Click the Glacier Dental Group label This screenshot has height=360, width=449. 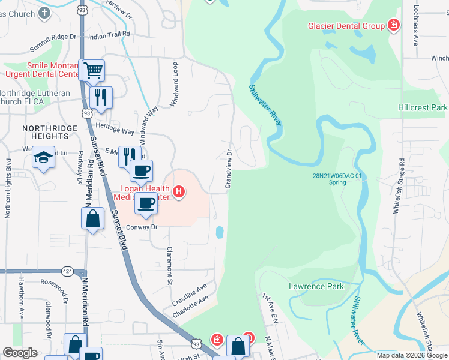click(346, 26)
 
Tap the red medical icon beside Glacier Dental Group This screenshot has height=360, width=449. click(393, 25)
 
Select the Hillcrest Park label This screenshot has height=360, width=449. click(423, 107)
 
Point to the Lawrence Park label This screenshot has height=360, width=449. click(316, 286)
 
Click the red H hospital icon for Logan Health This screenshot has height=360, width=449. click(178, 192)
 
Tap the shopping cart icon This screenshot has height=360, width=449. click(92, 71)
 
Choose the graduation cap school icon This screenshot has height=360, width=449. click(43, 157)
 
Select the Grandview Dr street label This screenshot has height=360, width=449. click(229, 169)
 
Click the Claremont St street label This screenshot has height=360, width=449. click(170, 265)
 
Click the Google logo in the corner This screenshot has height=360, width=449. click(20, 353)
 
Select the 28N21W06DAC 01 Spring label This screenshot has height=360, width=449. click(337, 179)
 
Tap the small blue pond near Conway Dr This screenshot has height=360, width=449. click(220, 232)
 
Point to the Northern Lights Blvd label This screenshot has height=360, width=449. click(8, 188)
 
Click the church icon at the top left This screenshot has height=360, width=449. click(44, 13)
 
